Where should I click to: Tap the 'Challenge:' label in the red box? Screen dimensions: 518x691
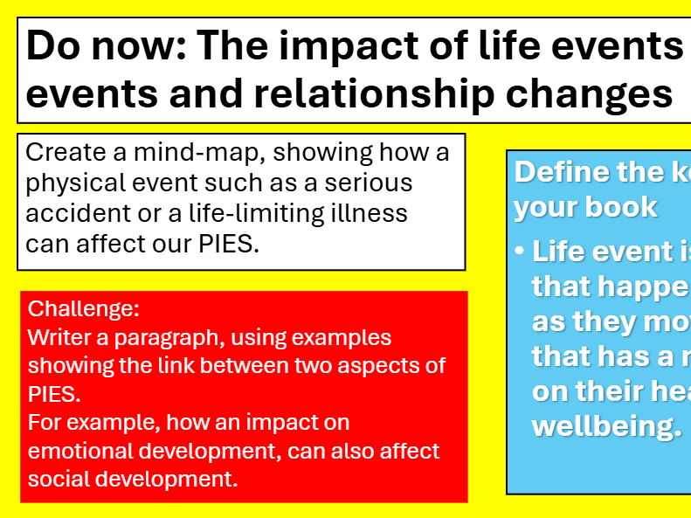click(x=84, y=309)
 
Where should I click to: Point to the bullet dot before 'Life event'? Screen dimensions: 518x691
click(x=521, y=252)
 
